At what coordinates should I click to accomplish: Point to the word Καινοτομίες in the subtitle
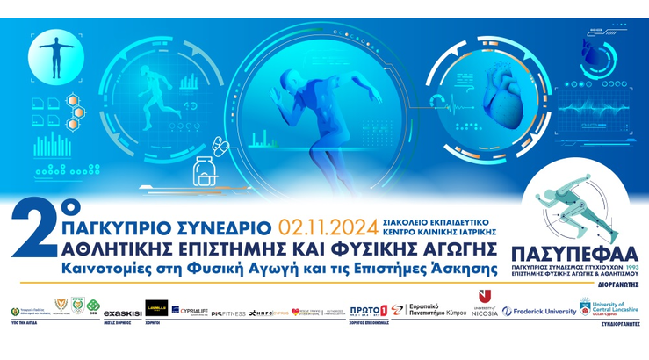[110, 266]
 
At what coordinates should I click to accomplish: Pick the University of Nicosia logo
[487, 305]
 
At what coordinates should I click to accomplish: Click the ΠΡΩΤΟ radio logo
[367, 311]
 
